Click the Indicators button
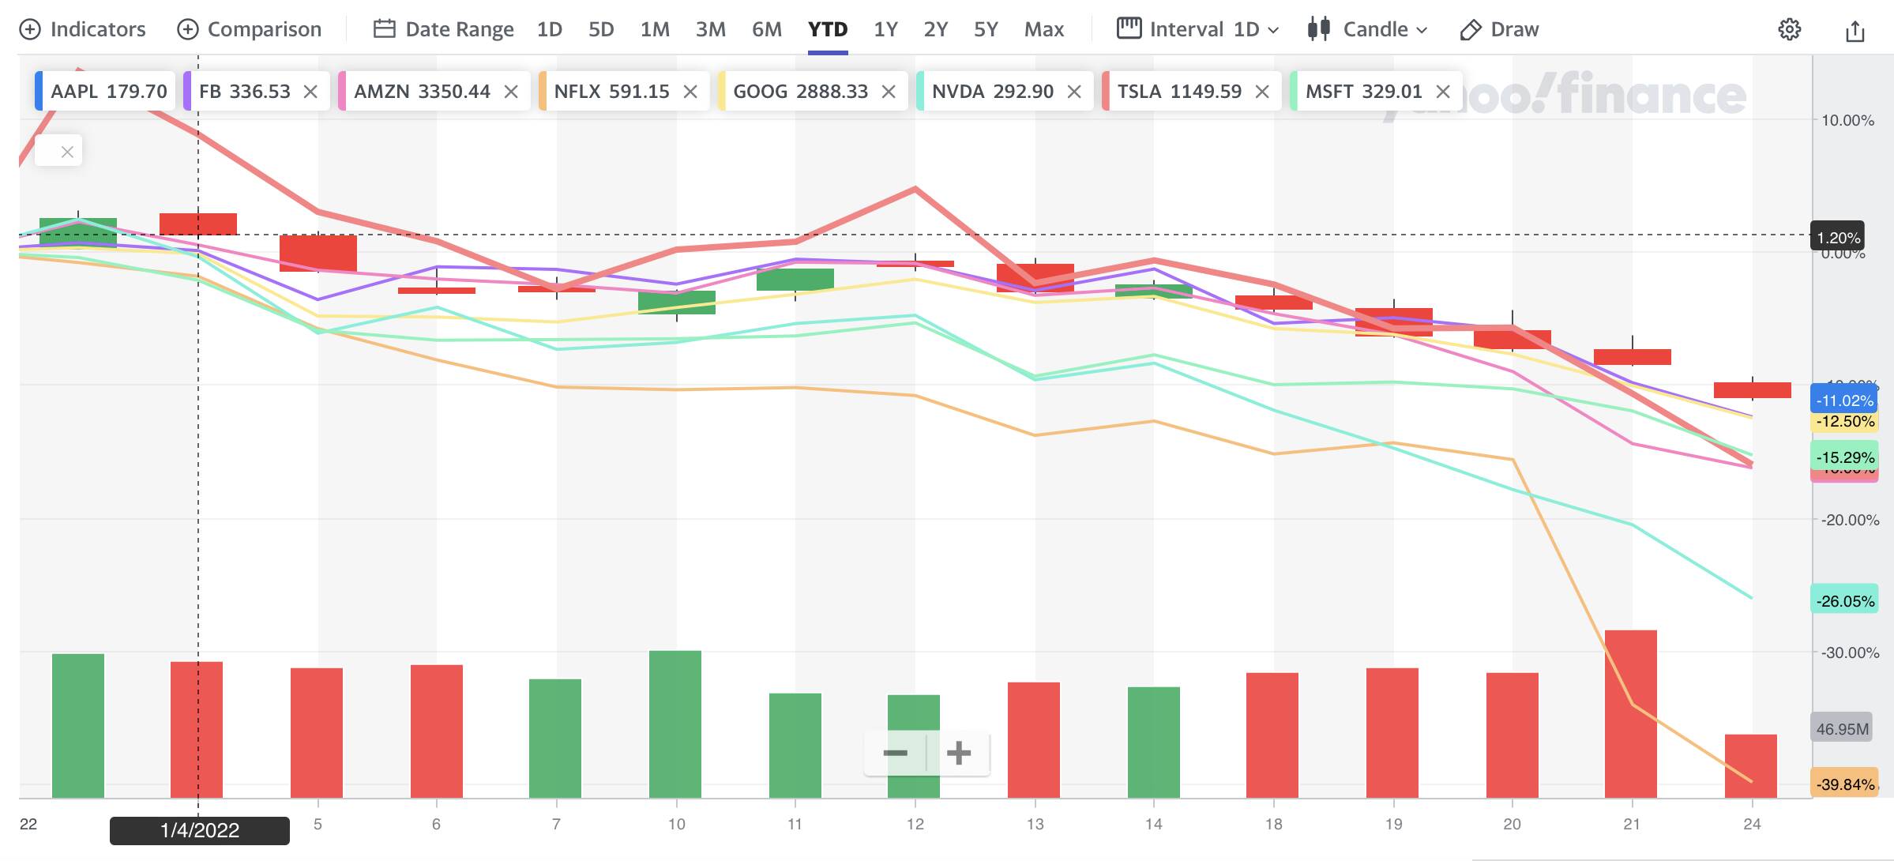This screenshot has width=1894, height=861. (x=83, y=29)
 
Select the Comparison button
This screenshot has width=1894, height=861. (x=250, y=29)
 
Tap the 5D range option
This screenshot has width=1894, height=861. (x=601, y=29)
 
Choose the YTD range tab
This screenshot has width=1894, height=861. (x=828, y=29)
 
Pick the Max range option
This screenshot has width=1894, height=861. (x=1043, y=29)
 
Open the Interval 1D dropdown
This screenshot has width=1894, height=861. (x=1197, y=29)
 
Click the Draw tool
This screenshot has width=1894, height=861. (x=1499, y=29)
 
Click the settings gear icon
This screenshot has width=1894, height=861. (x=1789, y=30)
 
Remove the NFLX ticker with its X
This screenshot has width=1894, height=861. (x=690, y=92)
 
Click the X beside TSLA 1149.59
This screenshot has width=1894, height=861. (x=1262, y=92)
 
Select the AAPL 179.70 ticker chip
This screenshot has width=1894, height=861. (x=108, y=92)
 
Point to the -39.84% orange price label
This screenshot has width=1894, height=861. (x=1844, y=784)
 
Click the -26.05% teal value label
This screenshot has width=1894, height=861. (x=1844, y=601)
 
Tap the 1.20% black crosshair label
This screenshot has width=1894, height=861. (x=1838, y=238)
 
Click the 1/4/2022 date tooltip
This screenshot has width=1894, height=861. (x=200, y=830)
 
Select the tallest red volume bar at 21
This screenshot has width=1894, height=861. (x=1630, y=713)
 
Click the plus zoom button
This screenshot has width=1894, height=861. (x=959, y=753)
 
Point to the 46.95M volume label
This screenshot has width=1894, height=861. (x=1842, y=729)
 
